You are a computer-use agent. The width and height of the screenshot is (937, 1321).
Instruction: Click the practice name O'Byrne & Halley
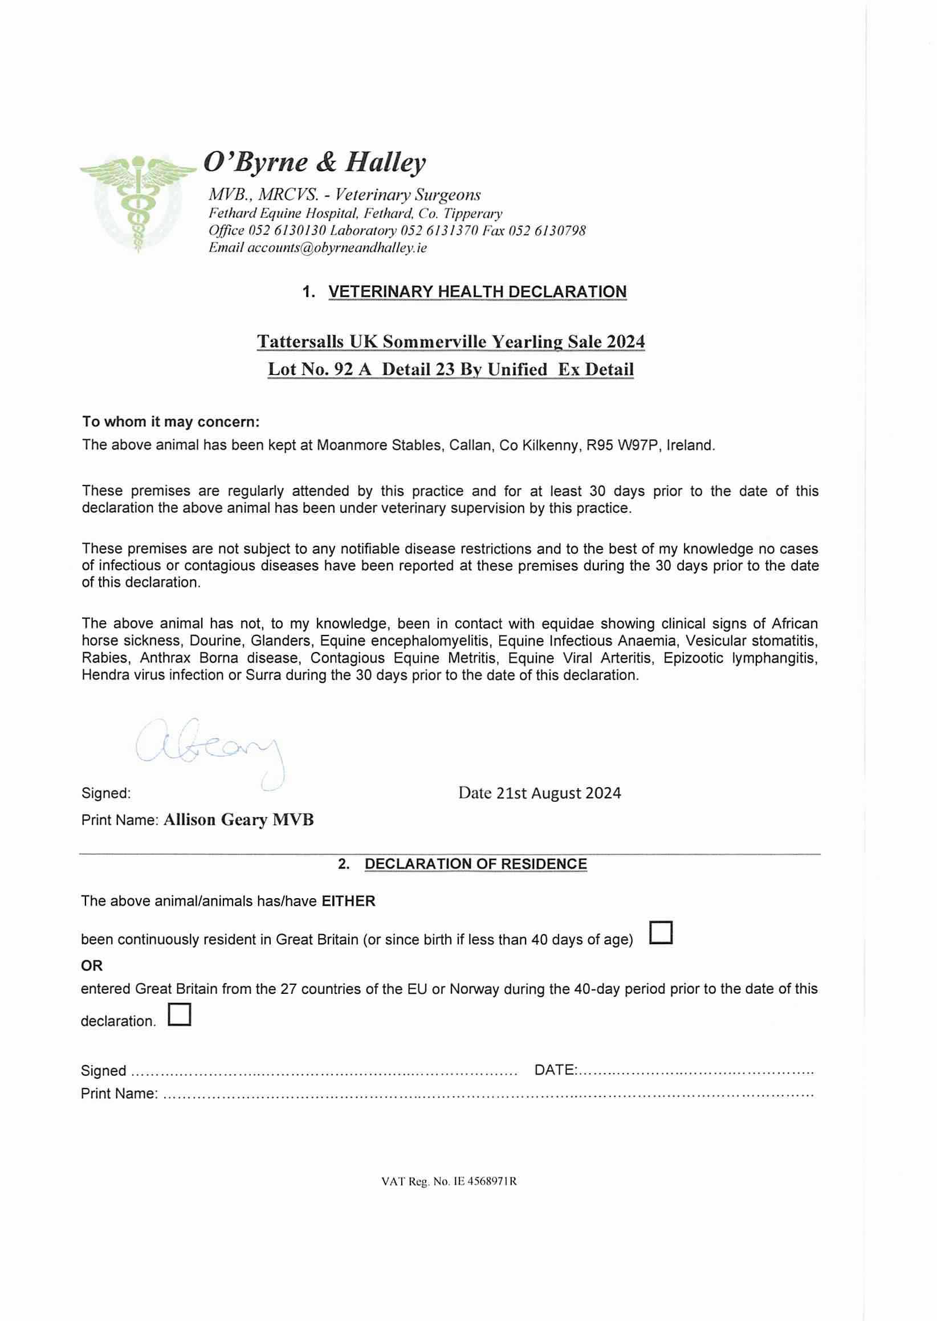[x=315, y=162]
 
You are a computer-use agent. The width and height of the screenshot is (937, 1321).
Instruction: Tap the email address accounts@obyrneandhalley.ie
[x=337, y=248]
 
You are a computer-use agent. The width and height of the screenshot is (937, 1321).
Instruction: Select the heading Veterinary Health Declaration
[x=477, y=292]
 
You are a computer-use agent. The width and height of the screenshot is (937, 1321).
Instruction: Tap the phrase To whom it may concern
[x=171, y=422]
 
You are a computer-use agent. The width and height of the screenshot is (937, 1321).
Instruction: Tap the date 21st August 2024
[x=558, y=793]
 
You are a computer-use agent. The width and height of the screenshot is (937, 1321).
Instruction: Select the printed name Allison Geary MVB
[x=238, y=819]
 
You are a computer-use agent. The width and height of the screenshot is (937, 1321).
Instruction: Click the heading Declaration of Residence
[x=475, y=864]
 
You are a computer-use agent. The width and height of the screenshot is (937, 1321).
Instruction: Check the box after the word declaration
[x=180, y=1015]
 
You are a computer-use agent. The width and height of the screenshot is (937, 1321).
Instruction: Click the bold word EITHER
[x=348, y=901]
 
